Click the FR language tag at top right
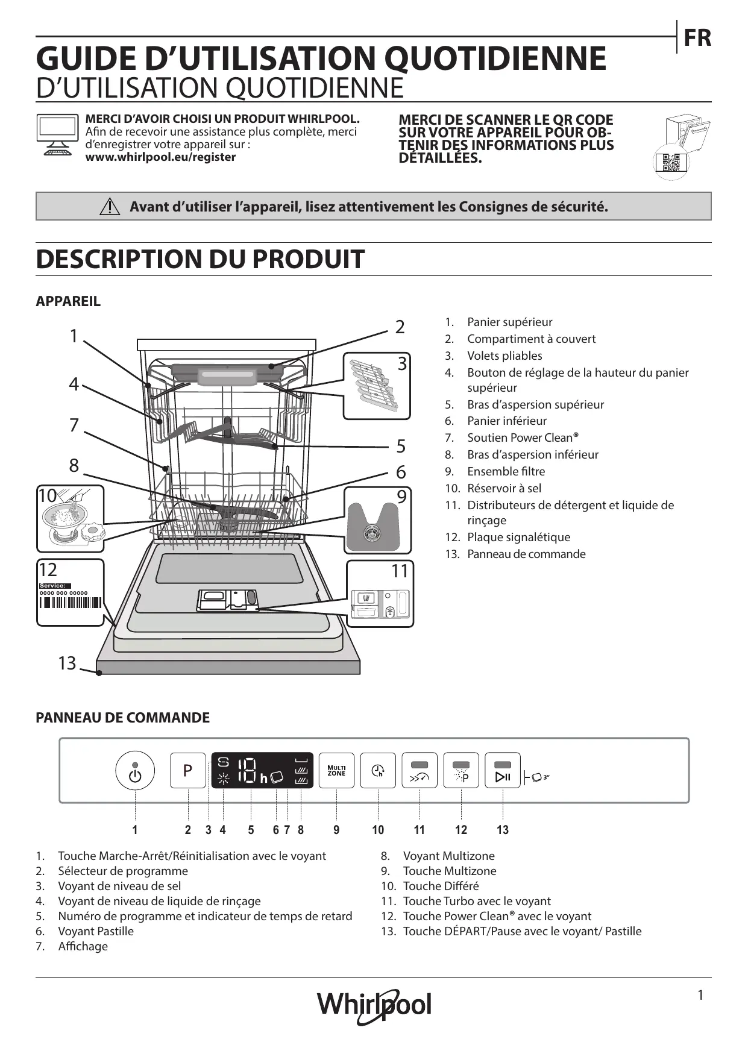(697, 38)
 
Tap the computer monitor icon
(57, 134)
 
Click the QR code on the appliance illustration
(670, 163)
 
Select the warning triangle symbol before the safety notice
(110, 207)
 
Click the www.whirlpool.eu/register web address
(160, 157)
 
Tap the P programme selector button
(188, 770)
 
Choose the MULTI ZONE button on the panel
(336, 770)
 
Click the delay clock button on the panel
(378, 770)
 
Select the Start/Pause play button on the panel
(503, 770)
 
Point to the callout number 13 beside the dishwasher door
(67, 663)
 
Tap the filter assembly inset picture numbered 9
(377, 520)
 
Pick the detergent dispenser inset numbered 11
(380, 594)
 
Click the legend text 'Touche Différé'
(441, 886)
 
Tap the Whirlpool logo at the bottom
(374, 1005)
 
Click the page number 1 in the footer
(700, 996)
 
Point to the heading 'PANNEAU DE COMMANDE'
(123, 718)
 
